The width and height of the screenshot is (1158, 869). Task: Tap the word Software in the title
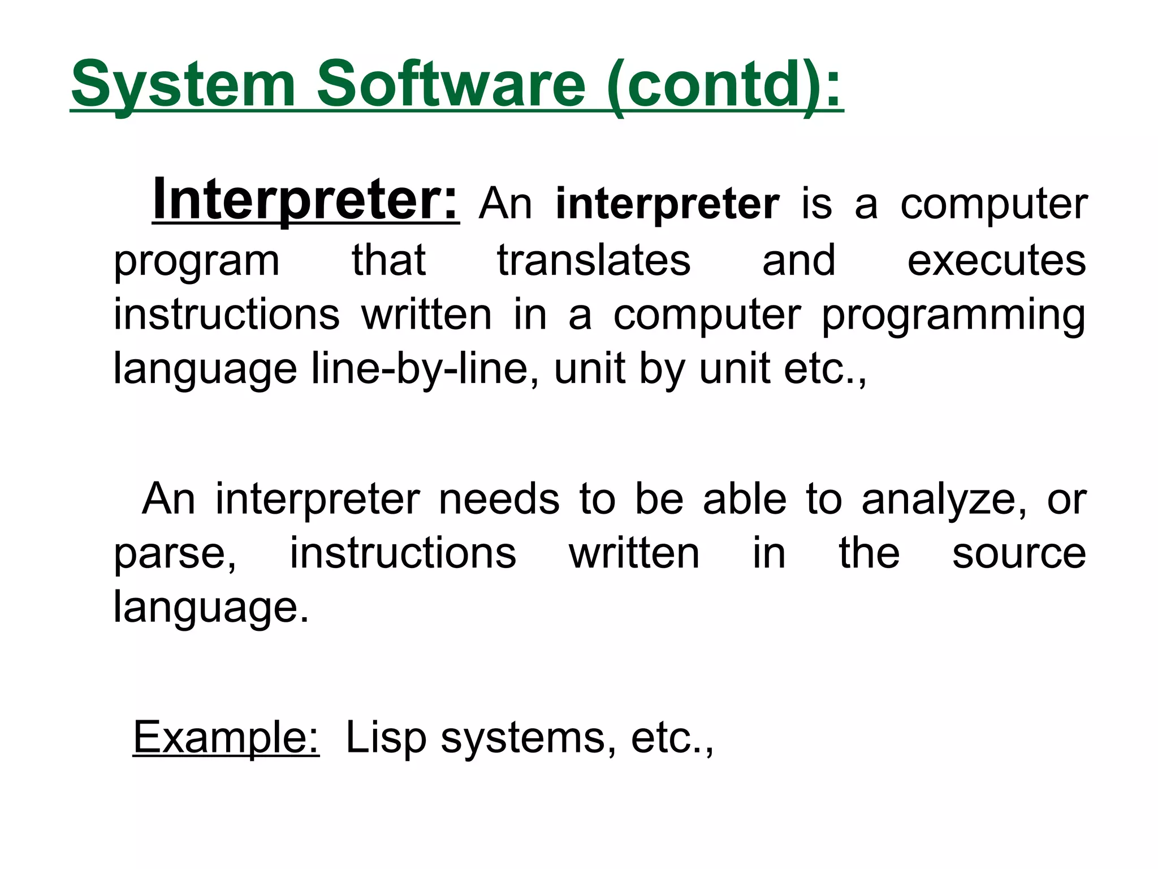tap(451, 85)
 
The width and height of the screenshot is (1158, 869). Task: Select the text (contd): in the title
tap(724, 85)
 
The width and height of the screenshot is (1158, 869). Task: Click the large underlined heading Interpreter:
tap(305, 201)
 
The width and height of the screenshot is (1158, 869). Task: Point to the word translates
tap(594, 261)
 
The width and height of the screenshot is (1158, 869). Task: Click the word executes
tap(996, 261)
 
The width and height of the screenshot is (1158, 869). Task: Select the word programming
tap(953, 315)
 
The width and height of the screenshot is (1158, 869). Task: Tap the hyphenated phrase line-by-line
tap(425, 369)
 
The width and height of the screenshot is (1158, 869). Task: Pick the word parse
tap(175, 554)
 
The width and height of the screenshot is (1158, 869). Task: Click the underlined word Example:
tap(226, 737)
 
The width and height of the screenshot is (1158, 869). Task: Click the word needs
tap(499, 499)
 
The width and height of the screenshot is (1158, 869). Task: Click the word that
tap(388, 261)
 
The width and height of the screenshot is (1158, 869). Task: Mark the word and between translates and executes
tap(798, 261)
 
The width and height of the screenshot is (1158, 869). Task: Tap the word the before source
tap(869, 553)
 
